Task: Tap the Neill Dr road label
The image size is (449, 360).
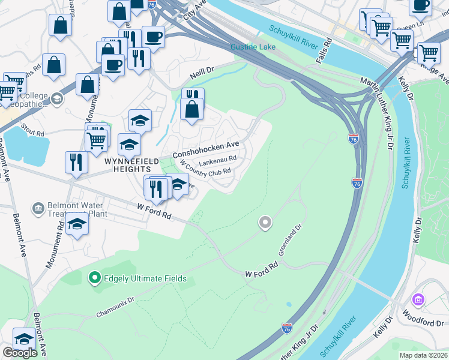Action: [202, 73]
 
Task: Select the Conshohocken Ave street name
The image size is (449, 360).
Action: [206, 149]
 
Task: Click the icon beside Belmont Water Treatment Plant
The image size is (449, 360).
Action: [39, 208]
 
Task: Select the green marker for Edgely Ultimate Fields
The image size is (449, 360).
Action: [94, 278]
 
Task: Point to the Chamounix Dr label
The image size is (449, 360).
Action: [116, 306]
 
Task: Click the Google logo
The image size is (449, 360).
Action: [20, 353]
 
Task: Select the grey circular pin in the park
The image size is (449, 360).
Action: [265, 223]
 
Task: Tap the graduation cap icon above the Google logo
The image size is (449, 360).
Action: [24, 338]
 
